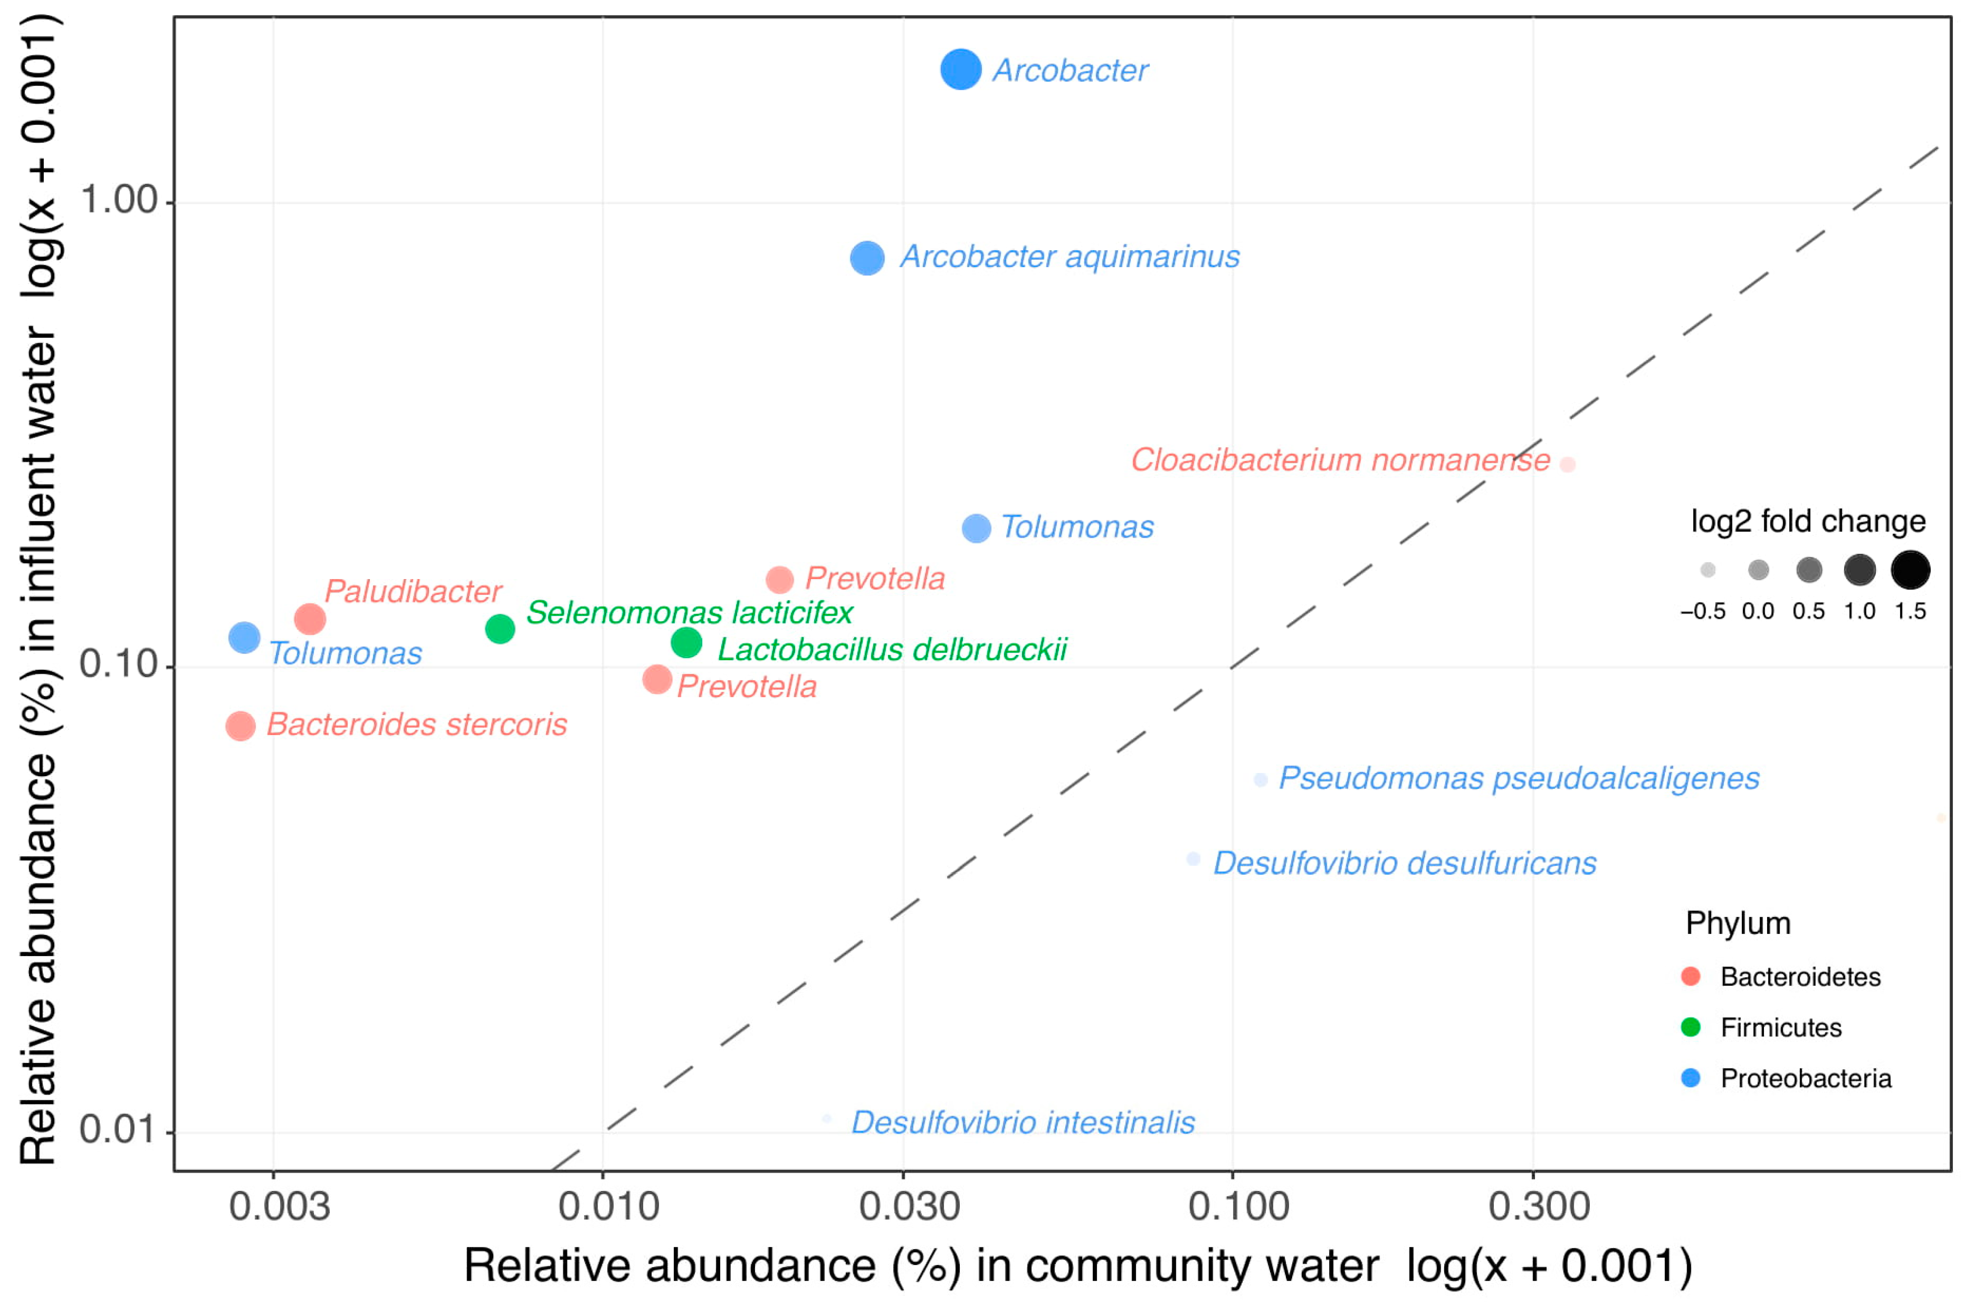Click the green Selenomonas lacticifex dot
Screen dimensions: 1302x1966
pos(500,629)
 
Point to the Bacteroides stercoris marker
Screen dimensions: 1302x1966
pos(241,726)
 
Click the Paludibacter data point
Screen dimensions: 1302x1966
pos(310,619)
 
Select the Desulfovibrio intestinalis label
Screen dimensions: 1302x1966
pos(1023,1123)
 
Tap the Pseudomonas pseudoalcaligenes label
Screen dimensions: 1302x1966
pos(1519,778)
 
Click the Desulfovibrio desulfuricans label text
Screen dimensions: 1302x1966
pos(1404,864)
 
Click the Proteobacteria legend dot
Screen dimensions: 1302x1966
pos(1690,1078)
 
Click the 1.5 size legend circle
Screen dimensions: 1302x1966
pos(1910,570)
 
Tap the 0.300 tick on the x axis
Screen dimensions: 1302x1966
pos(1538,1206)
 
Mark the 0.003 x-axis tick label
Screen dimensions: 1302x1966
pos(279,1206)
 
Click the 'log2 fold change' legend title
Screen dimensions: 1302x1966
pos(1807,521)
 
